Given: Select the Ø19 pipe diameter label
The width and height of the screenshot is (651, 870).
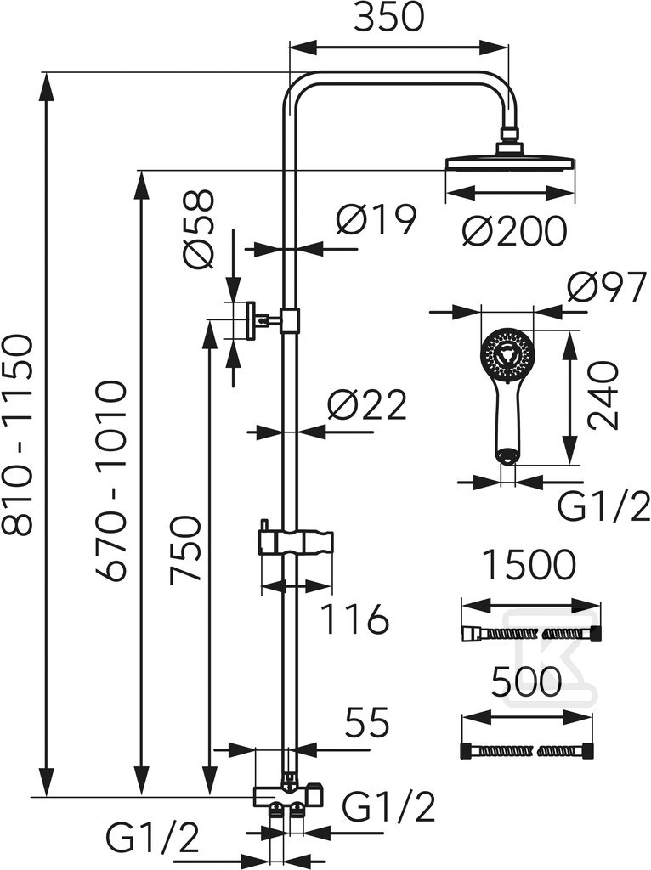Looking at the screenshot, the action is click(376, 219).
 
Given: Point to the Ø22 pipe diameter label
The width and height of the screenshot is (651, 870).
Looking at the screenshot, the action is click(367, 405).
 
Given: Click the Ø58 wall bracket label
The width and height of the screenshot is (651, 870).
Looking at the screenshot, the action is click(197, 229).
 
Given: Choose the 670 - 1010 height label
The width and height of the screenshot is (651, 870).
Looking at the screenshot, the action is click(113, 481).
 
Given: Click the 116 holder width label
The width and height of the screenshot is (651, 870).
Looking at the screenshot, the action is click(355, 619).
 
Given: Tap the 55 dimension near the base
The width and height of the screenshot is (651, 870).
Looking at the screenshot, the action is click(367, 723).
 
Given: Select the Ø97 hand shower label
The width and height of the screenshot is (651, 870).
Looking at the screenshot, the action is click(606, 286).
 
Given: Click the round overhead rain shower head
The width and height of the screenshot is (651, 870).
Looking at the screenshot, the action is click(510, 159).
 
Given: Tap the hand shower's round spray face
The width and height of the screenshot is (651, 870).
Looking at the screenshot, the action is click(505, 353).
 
